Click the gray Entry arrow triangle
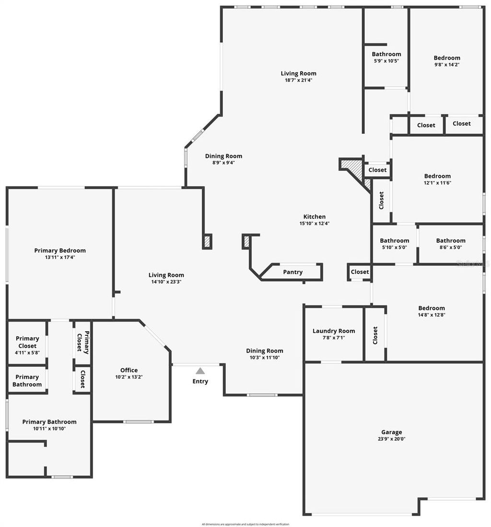(200, 371)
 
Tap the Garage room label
(392, 432)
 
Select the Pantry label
(292, 272)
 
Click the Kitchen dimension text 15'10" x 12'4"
(315, 223)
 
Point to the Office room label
(129, 370)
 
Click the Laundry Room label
(334, 331)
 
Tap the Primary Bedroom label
(60, 251)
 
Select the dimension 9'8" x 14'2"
(447, 64)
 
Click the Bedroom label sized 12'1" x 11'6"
(437, 176)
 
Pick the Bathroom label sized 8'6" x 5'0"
(451, 240)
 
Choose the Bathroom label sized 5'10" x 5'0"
(395, 240)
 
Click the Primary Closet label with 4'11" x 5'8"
(27, 342)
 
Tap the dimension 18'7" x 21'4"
(299, 80)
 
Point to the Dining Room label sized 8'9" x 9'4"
(223, 156)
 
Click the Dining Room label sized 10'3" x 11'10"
(265, 351)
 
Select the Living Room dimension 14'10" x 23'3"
(166, 282)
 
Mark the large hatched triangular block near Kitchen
(353, 169)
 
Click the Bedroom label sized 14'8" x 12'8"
(432, 308)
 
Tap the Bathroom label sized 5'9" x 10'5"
(386, 54)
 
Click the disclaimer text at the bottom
(245, 524)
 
